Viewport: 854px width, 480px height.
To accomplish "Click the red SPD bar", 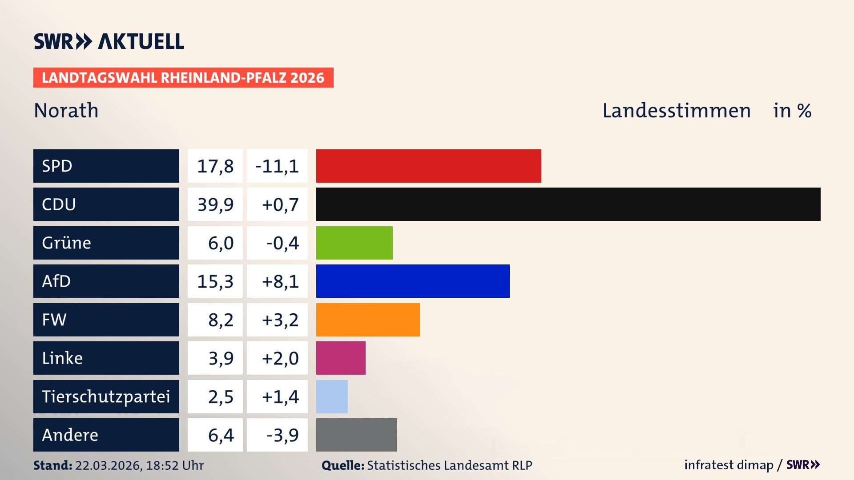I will click(428, 166).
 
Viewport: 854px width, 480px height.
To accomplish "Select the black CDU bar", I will click(568, 204).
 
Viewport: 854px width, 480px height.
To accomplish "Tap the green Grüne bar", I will click(354, 243).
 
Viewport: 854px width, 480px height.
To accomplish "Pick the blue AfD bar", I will click(413, 281).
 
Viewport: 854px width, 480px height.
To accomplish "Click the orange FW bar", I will click(368, 320).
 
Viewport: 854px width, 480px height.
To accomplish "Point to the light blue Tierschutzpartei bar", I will click(332, 396).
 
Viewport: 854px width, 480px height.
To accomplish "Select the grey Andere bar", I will click(356, 435).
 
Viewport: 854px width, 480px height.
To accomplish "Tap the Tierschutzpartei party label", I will click(106, 396).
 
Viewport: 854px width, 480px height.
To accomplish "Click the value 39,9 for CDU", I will click(215, 204).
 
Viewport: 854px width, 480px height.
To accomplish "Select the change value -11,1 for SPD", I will click(277, 166).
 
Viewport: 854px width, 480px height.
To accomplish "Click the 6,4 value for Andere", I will click(221, 435).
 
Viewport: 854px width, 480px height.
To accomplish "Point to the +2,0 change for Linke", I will click(280, 358).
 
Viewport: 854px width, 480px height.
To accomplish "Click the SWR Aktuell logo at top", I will click(109, 41).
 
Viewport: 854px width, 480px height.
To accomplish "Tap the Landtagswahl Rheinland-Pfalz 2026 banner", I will click(183, 78).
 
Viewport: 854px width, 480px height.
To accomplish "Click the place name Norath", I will click(66, 111).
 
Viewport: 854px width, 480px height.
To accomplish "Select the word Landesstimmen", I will click(676, 111).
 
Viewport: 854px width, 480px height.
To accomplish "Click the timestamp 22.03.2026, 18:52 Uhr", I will click(139, 465).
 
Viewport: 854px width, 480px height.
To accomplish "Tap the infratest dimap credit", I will click(729, 465).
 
